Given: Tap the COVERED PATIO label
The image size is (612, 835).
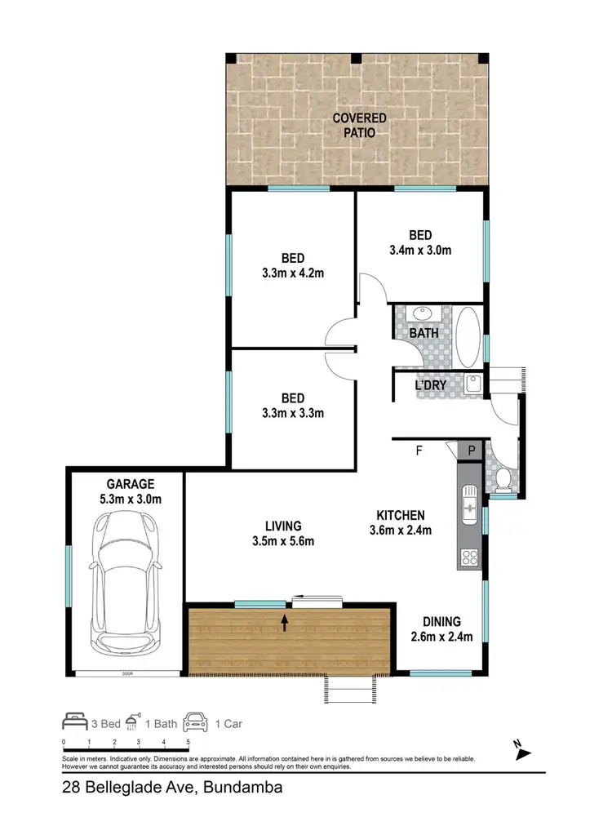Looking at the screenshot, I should pos(359,125).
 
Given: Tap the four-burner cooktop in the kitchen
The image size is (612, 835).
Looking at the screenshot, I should pos(471,557).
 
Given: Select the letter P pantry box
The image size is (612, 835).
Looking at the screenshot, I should pos(472,450).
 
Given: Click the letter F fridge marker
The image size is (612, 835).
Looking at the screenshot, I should pos(419,450).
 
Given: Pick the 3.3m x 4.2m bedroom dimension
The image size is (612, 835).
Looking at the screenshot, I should pos(293,273).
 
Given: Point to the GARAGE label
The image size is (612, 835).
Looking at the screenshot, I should pos(125,483).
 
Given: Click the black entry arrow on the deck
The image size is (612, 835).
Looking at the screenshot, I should pos(285,624).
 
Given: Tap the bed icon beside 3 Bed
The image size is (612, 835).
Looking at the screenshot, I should pos(75,722).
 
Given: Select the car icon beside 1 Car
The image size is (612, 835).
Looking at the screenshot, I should pos(196,722).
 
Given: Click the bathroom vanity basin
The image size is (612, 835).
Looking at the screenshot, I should pos(424,314).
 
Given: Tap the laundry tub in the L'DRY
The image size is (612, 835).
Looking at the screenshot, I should pos(475,383).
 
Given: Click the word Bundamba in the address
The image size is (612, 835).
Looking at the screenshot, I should pos(242,788).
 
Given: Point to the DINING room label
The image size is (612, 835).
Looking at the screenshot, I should pos(441,621).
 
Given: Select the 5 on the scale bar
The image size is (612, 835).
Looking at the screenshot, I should pos(188,742).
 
